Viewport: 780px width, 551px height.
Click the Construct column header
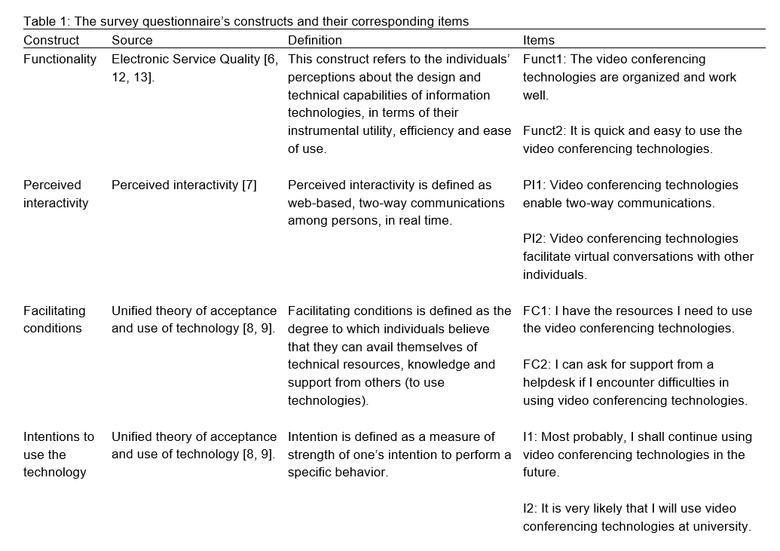pyautogui.click(x=51, y=40)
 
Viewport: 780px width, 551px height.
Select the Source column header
pyautogui.click(x=132, y=40)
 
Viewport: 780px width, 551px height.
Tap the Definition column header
pyautogui.click(x=315, y=40)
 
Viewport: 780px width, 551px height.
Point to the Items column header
pyautogui.click(x=539, y=40)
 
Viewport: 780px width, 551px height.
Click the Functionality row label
pyautogui.click(x=60, y=59)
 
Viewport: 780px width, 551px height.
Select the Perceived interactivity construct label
pyautogui.click(x=56, y=194)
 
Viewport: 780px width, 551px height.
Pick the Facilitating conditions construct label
pyautogui.click(x=54, y=320)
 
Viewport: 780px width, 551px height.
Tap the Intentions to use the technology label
pyautogui.click(x=59, y=455)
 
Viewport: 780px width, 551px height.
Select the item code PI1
pyautogui.click(x=532, y=185)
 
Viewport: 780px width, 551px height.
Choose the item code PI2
pyautogui.click(x=532, y=239)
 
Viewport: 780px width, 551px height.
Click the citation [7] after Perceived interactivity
pyautogui.click(x=249, y=185)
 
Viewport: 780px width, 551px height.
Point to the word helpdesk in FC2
pyautogui.click(x=552, y=383)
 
